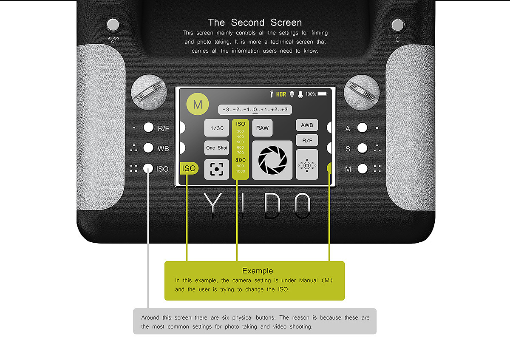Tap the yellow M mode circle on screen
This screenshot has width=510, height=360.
coord(198,104)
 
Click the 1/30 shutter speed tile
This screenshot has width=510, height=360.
coord(217,128)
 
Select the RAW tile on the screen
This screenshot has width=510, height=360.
coord(262,128)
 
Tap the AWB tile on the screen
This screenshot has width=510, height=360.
coord(307,125)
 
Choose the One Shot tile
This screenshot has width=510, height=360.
coord(217,148)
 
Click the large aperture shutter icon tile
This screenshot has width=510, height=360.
coord(272,160)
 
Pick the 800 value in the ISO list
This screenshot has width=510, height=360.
coord(241,160)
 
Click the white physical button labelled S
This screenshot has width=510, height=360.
coord(362,148)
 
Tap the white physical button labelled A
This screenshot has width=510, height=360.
coord(362,128)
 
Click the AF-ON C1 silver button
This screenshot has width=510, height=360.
coord(113,25)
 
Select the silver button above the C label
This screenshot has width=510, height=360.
coord(397,25)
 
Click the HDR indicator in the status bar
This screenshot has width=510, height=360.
coord(281,94)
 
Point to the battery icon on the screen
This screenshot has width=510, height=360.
coord(323,94)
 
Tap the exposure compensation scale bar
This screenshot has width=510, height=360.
coord(255,110)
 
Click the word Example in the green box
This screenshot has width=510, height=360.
coord(258,271)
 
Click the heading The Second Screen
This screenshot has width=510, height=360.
coord(255,22)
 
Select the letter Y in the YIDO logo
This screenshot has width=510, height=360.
coord(212,206)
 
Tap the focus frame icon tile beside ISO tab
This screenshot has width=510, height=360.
coord(217,169)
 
